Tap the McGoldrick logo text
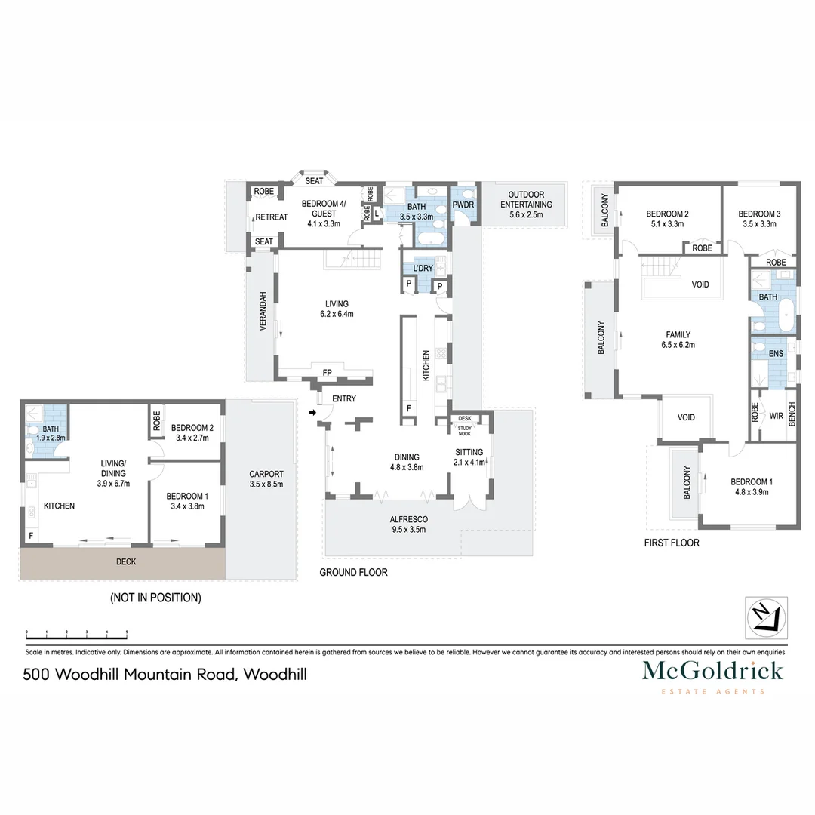712,671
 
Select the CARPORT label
266,479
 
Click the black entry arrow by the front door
312,413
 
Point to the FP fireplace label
327,372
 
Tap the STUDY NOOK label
464,430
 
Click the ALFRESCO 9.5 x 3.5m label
408,524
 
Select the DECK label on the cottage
126,561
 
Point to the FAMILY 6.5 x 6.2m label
677,340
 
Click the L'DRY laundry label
422,269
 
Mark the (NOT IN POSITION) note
155,598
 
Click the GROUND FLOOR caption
353,573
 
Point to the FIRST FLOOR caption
671,543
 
